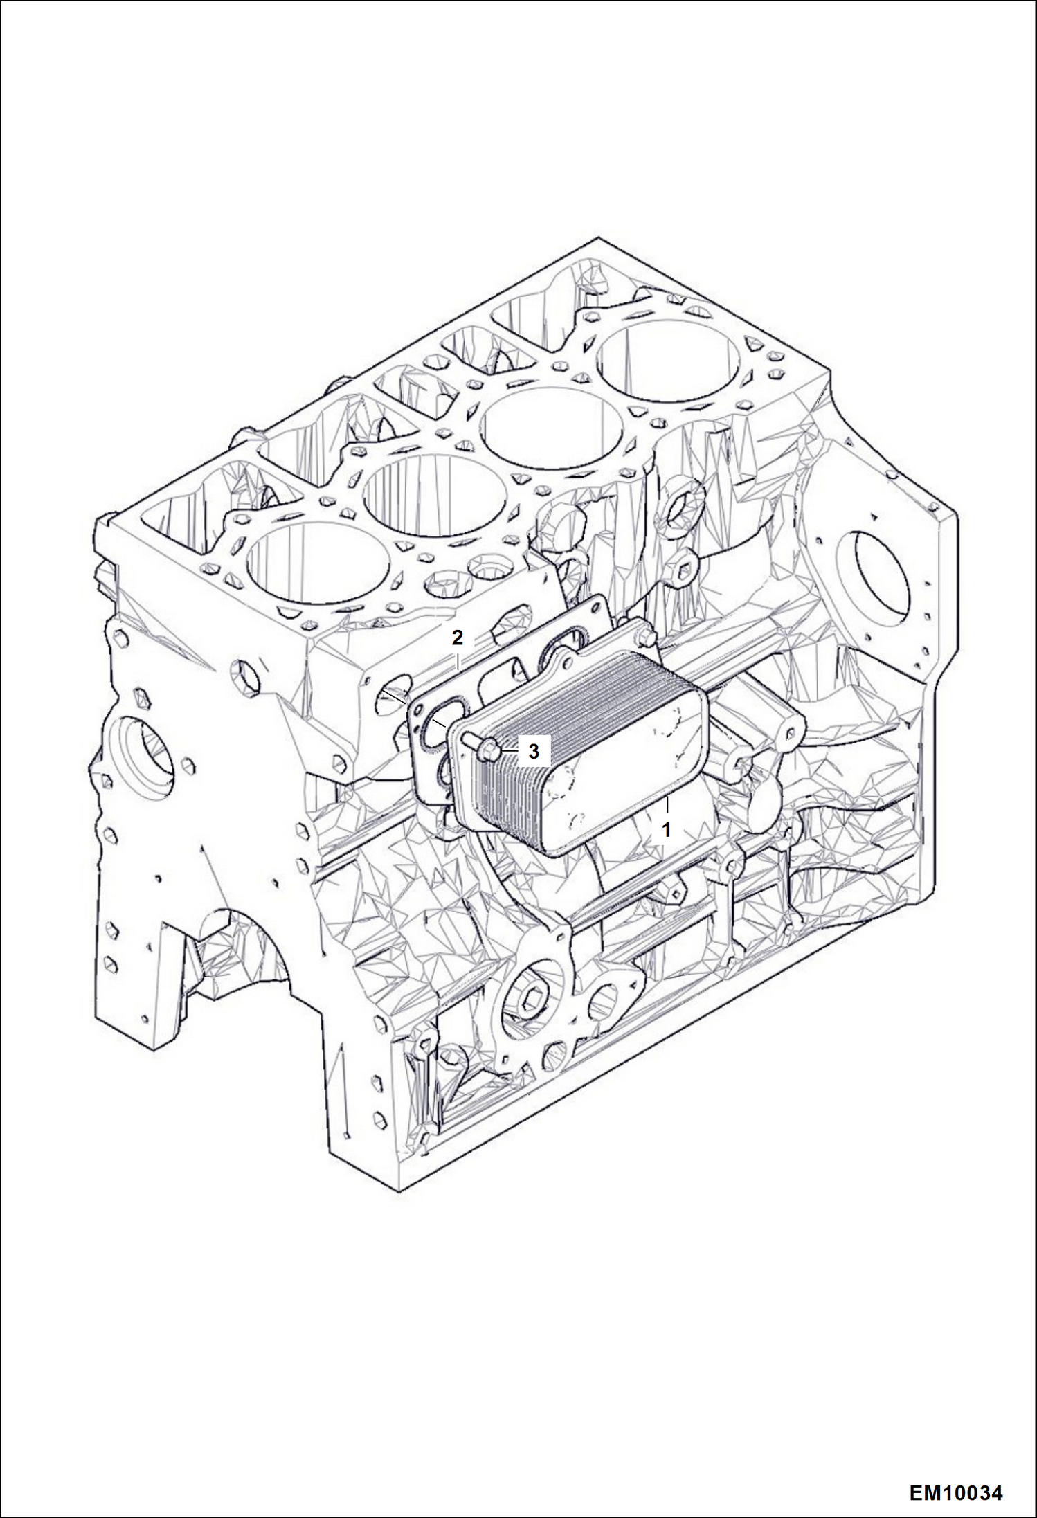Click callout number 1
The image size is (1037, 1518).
666,829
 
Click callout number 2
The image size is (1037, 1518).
457,638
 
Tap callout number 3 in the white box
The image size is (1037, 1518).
534,751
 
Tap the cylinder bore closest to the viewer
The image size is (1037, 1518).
317,566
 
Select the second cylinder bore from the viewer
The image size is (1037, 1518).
435,492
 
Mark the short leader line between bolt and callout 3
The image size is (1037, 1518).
507,750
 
